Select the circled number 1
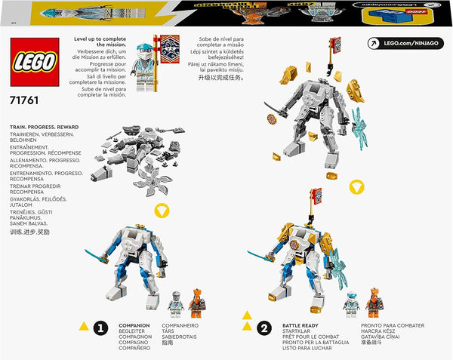click(x=100, y=327)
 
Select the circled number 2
click(x=264, y=327)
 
